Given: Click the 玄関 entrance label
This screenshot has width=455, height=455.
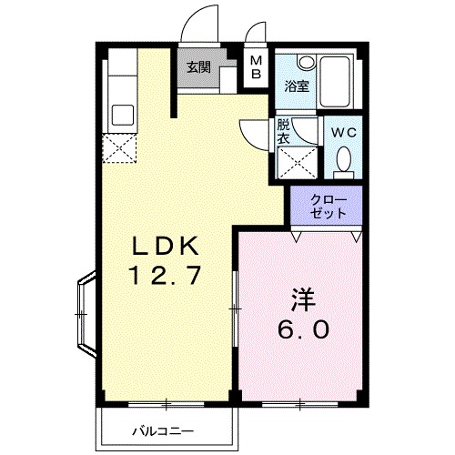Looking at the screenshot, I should tap(198, 67).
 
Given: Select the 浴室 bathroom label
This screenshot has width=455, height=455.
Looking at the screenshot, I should tap(297, 87).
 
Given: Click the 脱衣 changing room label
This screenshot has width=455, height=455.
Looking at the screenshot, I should tap(283, 133).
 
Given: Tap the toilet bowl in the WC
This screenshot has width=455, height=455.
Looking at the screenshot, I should tap(343, 162).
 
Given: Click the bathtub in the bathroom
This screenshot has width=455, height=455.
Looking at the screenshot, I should tap(339, 79).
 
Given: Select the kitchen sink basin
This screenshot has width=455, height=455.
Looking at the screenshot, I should tap(121, 115).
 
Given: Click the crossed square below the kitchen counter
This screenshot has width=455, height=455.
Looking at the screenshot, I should tap(119, 147).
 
